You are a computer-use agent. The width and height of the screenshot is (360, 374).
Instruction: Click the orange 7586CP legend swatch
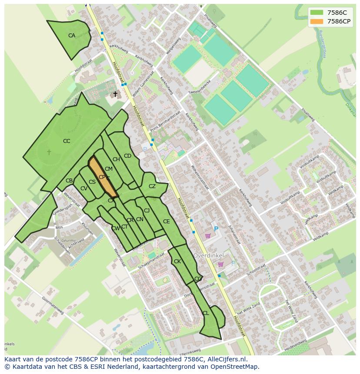[x=317, y=21]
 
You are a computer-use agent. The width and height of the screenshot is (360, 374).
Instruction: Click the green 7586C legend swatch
[x=317, y=13]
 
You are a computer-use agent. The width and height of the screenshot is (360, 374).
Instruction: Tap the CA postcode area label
[x=72, y=36]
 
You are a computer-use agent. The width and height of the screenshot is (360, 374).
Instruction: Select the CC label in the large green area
[x=67, y=141]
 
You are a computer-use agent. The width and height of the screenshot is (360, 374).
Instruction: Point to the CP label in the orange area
[x=102, y=177]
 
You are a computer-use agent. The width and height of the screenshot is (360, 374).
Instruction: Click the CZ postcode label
[x=152, y=186]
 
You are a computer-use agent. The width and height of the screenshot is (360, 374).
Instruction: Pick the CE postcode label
[x=166, y=222]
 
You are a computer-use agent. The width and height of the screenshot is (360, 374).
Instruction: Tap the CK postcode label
[x=177, y=261]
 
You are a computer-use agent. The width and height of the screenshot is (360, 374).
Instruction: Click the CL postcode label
[x=206, y=313]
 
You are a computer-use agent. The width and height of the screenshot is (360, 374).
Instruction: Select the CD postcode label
[x=127, y=156]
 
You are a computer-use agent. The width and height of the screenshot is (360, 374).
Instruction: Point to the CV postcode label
[x=84, y=189]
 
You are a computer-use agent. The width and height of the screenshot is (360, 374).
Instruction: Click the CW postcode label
[x=115, y=228]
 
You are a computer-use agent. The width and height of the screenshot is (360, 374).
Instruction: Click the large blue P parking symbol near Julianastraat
[x=216, y=229]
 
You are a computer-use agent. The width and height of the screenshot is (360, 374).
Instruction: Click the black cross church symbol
[x=115, y=94]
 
